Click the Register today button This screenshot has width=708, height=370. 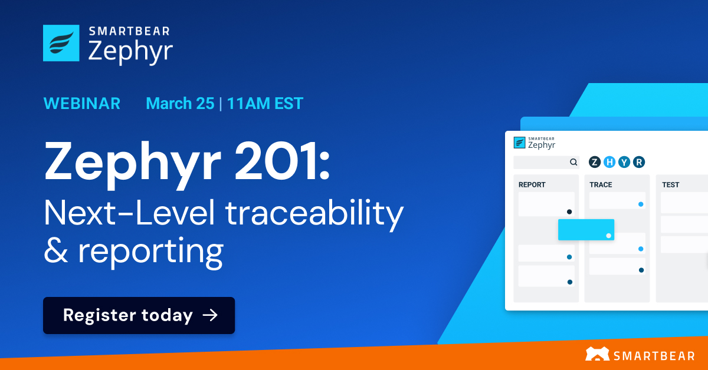[x=139, y=316]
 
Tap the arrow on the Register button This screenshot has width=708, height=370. [x=210, y=316]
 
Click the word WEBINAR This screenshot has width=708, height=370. [x=82, y=104]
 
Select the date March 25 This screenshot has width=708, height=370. [x=179, y=104]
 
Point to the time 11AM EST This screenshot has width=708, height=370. [x=265, y=104]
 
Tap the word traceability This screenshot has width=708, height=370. [x=314, y=214]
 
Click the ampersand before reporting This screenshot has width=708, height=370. [x=56, y=251]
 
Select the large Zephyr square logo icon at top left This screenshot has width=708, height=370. [x=61, y=43]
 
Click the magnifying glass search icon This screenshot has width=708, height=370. [x=573, y=162]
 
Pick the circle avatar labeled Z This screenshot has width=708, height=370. [x=595, y=162]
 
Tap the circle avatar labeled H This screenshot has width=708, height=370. [x=609, y=162]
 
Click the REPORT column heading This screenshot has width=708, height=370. [x=532, y=184]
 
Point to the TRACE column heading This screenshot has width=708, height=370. [x=601, y=184]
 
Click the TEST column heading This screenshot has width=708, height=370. [x=670, y=184]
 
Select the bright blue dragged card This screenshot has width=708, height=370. [x=586, y=230]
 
